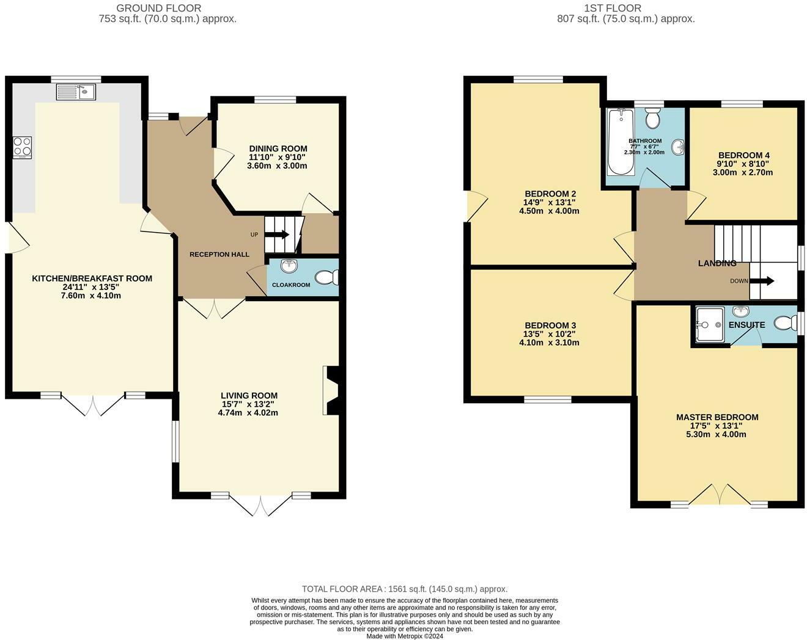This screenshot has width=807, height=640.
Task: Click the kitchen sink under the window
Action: pyautogui.click(x=76, y=92)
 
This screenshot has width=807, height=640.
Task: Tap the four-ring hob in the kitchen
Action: pyautogui.click(x=22, y=147)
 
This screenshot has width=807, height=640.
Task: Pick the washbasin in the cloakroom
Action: pyautogui.click(x=289, y=266)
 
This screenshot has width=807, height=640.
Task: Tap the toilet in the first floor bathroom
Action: pyautogui.click(x=652, y=118)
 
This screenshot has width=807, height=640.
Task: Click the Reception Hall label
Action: pyautogui.click(x=219, y=254)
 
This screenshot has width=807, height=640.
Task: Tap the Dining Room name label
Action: pyautogui.click(x=278, y=148)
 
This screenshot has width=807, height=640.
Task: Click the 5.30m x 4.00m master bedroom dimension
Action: pyautogui.click(x=717, y=435)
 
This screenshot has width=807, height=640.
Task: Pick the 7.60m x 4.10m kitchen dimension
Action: pyautogui.click(x=92, y=296)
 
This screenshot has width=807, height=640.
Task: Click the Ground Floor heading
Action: pyautogui.click(x=158, y=8)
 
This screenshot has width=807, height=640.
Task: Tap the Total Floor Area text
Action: pyautogui.click(x=404, y=589)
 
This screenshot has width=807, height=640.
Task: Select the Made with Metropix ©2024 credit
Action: pyautogui.click(x=404, y=636)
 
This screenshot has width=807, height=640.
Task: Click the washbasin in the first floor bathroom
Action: pyautogui.click(x=678, y=147)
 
